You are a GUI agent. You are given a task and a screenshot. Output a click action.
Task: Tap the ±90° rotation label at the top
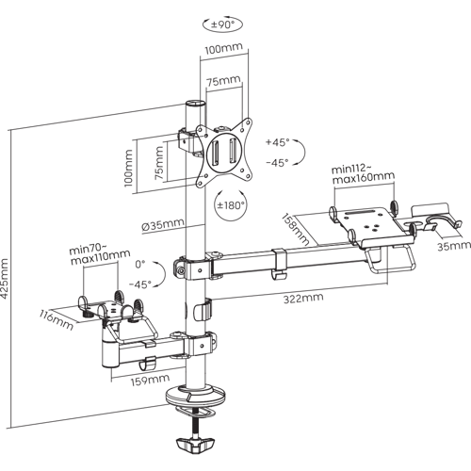(x=222, y=24)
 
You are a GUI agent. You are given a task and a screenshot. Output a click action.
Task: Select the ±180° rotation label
(x=231, y=205)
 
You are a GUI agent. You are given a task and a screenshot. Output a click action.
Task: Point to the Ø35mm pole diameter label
(x=162, y=225)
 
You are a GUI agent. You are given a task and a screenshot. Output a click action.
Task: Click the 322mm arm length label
(x=303, y=298)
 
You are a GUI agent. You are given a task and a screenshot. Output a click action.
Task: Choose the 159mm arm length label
(x=150, y=381)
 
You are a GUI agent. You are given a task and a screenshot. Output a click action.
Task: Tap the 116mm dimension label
(x=57, y=319)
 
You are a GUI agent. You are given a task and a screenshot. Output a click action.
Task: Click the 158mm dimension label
(x=295, y=229)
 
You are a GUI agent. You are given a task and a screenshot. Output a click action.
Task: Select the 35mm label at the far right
(x=454, y=246)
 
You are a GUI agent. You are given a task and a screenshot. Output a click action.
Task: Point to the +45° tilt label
(x=277, y=142)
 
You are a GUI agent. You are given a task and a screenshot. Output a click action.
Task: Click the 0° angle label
(x=140, y=265)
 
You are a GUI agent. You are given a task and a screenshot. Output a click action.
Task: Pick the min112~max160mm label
(x=363, y=174)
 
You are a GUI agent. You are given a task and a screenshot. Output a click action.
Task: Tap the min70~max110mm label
(x=100, y=255)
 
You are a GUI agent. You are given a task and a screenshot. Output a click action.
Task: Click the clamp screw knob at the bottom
(x=195, y=444)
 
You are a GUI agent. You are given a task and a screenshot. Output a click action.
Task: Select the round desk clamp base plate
(x=196, y=397)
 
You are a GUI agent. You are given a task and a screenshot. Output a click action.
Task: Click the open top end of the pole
(x=195, y=104)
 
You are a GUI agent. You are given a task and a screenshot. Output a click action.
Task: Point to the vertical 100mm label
(x=128, y=168)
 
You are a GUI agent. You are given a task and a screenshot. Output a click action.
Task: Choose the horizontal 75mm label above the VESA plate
(x=223, y=81)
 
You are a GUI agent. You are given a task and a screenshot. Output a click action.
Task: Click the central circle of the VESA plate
(x=225, y=153)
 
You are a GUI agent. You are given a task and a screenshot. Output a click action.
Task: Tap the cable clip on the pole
(x=203, y=310)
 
